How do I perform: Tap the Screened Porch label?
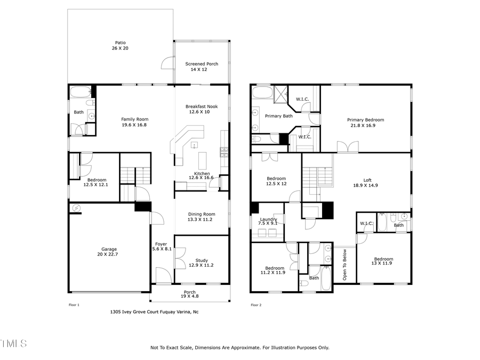[202, 67]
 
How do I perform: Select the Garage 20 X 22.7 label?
[109, 252]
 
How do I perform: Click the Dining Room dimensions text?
[201, 219]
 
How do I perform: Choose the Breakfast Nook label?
[202, 109]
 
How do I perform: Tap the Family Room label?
[134, 122]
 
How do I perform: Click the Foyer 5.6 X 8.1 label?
[163, 246]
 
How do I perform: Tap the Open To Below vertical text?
[345, 265]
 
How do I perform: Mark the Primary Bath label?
[279, 116]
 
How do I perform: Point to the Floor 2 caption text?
[256, 305]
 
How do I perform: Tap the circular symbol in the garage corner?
[76, 209]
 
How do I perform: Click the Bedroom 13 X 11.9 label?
[382, 261]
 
